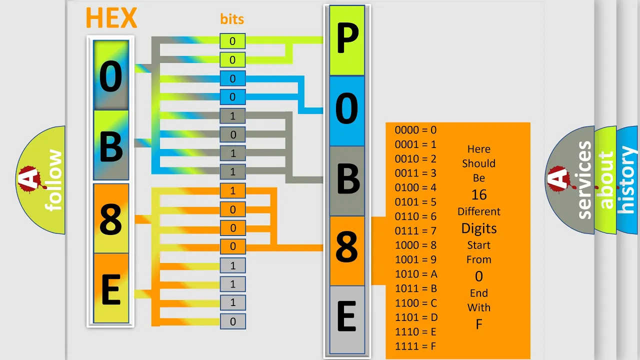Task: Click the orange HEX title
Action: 111,18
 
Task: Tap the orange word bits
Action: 232,19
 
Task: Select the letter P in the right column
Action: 347,38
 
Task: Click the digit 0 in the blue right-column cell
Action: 346,109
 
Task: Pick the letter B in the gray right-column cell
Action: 348,179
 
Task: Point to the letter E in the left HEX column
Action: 110,289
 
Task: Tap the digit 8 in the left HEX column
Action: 111,219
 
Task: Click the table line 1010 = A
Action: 416,274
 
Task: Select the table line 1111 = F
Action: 415,346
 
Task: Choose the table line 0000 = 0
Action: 415,130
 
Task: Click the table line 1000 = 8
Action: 415,245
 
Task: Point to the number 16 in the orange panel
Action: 479,195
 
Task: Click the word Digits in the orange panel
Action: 479,228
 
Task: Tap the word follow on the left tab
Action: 53,180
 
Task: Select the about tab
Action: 606,180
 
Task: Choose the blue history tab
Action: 627,180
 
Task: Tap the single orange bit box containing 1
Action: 232,191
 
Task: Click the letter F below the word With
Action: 479,324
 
